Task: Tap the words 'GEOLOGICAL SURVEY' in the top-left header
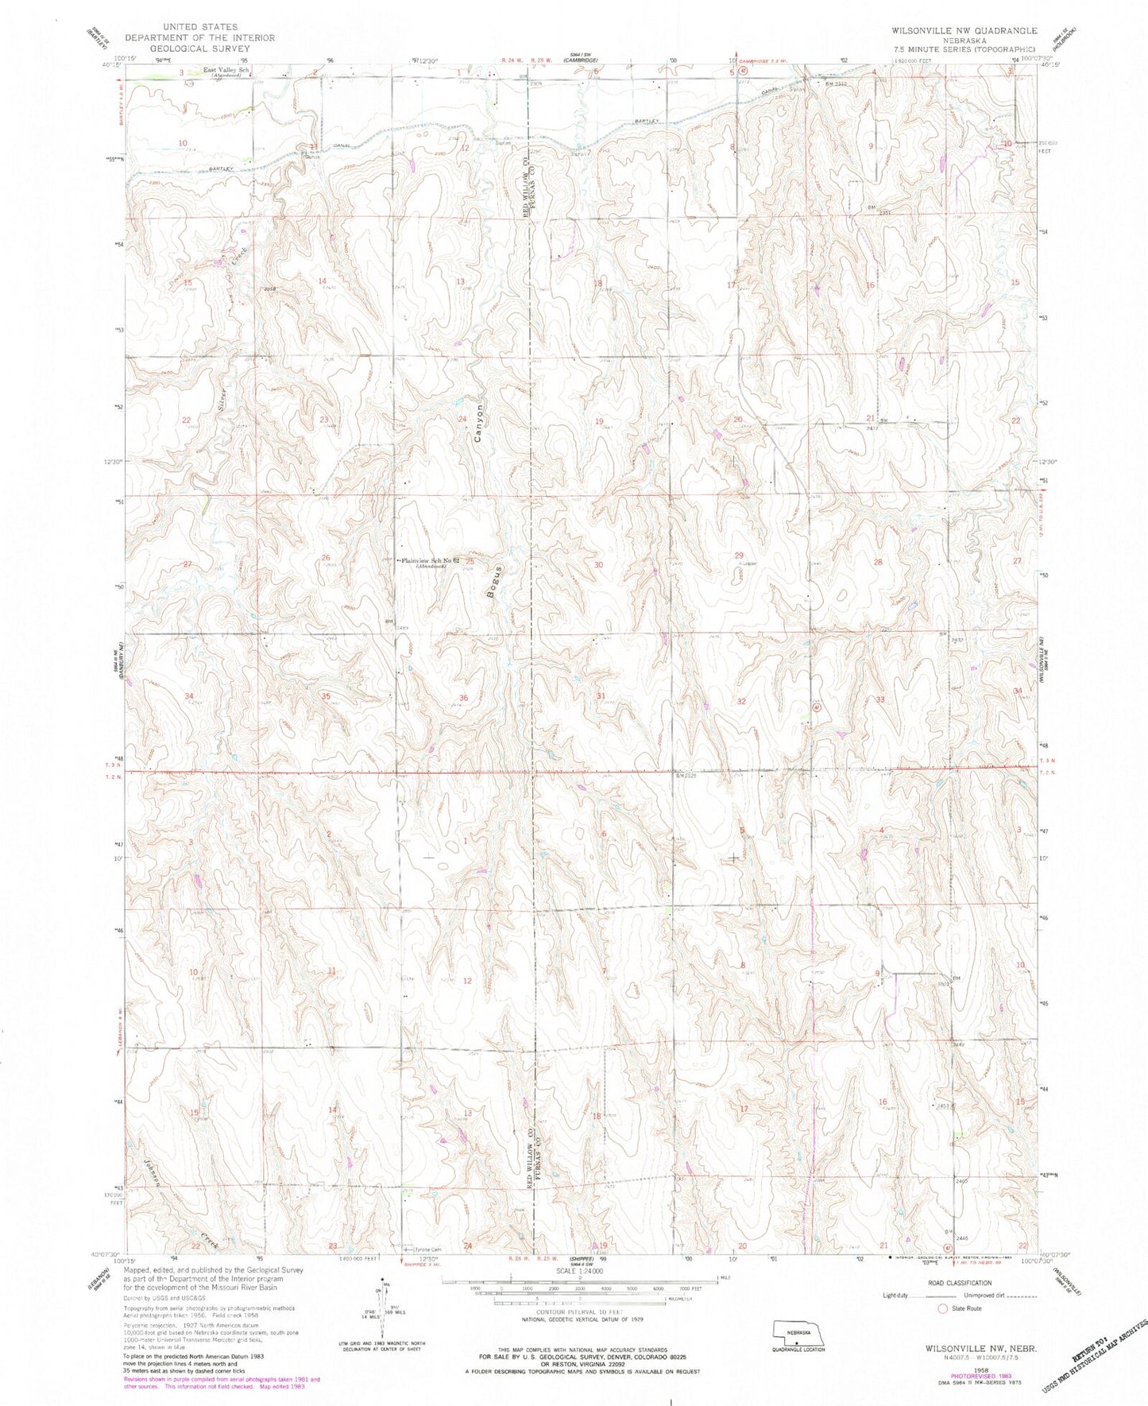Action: [x=199, y=48]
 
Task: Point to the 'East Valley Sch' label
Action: [x=226, y=71]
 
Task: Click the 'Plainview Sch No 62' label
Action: [x=431, y=561]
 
